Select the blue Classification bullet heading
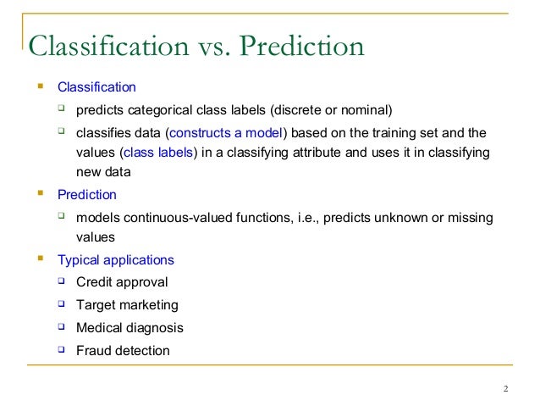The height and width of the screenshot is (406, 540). click(96, 87)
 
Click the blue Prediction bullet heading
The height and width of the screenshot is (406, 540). click(87, 195)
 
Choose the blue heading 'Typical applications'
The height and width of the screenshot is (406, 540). click(116, 260)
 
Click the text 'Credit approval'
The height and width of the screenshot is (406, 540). click(122, 282)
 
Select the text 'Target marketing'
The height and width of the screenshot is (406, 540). click(127, 305)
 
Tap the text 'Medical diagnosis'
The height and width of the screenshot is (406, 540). click(129, 327)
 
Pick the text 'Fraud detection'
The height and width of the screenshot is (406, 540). click(123, 350)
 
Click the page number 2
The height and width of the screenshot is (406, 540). click(505, 390)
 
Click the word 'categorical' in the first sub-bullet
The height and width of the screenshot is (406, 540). click(166, 109)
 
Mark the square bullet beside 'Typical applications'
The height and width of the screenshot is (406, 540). click(40, 259)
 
